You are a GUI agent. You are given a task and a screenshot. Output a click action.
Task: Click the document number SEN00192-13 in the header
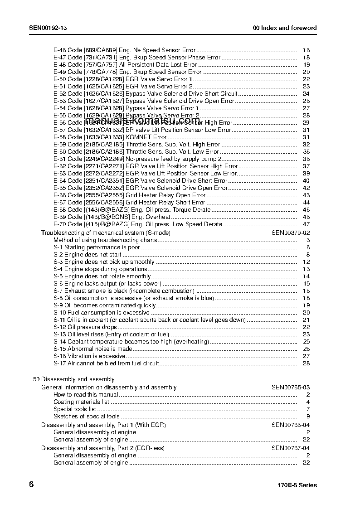pyautogui.click(x=48, y=28)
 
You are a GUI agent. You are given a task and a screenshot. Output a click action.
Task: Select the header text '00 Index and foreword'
pyautogui.click(x=284, y=28)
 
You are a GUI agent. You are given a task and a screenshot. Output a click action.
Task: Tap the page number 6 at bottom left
pyautogui.click(x=31, y=485)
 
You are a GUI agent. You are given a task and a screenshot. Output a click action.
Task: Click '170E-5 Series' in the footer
pyautogui.click(x=297, y=485)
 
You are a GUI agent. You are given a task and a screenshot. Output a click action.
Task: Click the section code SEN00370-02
pyautogui.click(x=291, y=233)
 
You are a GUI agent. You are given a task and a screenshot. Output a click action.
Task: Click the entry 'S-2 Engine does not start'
pyautogui.click(x=88, y=255)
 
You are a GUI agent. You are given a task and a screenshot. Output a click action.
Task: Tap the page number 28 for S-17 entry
pyautogui.click(x=306, y=364)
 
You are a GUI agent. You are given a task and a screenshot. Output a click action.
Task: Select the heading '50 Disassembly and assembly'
pyautogui.click(x=74, y=379)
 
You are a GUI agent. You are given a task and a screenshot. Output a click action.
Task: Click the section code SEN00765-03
pyautogui.click(x=291, y=388)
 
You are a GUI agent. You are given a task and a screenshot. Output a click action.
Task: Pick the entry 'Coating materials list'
pyautogui.click(x=81, y=402)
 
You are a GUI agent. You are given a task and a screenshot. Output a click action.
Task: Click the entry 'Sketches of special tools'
pyautogui.click(x=87, y=417)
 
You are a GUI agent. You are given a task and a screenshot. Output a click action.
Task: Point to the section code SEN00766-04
pyautogui.click(x=291, y=425)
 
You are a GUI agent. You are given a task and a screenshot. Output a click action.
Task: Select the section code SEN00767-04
pyautogui.click(x=291, y=448)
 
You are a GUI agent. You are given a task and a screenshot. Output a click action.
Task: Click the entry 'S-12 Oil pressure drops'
pyautogui.click(x=85, y=327)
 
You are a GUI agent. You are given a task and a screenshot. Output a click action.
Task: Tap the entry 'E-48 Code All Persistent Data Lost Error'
pyautogui.click(x=125, y=65)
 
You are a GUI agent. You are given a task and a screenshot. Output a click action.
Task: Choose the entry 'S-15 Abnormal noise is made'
pyautogui.click(x=93, y=349)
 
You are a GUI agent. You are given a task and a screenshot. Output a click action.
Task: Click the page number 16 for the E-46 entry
pyautogui.click(x=306, y=50)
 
